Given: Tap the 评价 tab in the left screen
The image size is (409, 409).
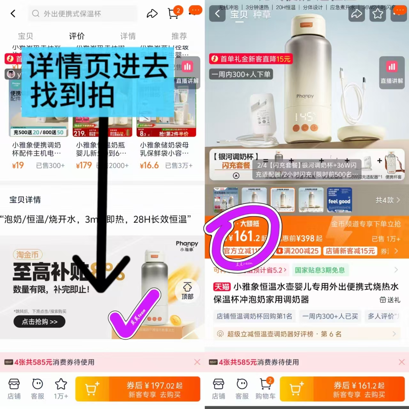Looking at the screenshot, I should point(77,36).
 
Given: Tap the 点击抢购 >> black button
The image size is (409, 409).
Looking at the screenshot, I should point(39,322).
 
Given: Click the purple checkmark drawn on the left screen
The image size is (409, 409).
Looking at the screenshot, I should point(134,313).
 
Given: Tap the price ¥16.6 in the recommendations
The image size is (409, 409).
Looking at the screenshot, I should point(149,165).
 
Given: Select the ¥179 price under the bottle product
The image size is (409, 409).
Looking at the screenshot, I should point(84,165).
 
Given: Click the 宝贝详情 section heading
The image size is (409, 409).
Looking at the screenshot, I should point(25,200).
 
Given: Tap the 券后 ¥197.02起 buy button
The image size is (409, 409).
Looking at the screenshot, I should point(154,390).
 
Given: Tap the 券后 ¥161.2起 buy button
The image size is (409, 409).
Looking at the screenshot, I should point(359,390).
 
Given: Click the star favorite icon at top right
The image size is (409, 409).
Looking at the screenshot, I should point(378,14).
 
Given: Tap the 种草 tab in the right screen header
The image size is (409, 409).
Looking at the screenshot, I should point(262,14).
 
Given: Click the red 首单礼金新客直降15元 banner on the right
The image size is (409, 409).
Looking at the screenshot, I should point(251,59).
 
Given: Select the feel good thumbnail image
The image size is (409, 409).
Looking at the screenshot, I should point(339,200).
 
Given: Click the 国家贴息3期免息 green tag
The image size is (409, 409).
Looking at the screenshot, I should point(320,270).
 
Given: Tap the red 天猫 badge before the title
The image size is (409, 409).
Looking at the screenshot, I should point(222,287).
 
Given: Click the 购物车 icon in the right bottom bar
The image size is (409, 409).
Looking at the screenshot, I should point(265,389).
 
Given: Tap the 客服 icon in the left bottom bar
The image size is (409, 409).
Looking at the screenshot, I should point(37,389).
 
